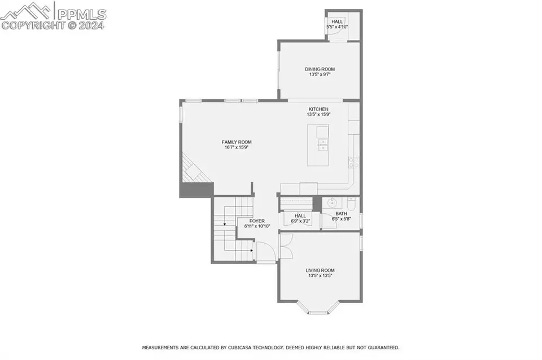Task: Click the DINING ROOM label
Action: pyautogui.click(x=320, y=69)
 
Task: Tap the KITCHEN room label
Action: pyautogui.click(x=318, y=109)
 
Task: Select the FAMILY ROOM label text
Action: pyautogui.click(x=237, y=142)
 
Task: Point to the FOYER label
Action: pyautogui.click(x=257, y=221)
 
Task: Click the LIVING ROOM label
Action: pyautogui.click(x=320, y=270)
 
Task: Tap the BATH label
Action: pyautogui.click(x=341, y=214)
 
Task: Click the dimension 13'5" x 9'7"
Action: pyautogui.click(x=320, y=74)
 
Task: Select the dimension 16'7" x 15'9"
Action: pyautogui.click(x=237, y=147)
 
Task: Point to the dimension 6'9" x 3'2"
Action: pyautogui.click(x=300, y=221)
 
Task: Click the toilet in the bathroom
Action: pyautogui.click(x=351, y=204)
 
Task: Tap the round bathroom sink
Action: pyautogui.click(x=332, y=203)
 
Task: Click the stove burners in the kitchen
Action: pyautogui.click(x=353, y=162)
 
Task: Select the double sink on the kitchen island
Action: pyautogui.click(x=323, y=145)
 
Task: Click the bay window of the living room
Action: pyautogui.click(x=318, y=308)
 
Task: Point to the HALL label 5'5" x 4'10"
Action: pyautogui.click(x=337, y=24)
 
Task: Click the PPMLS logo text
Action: pyautogui.click(x=81, y=14)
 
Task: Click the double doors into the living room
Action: pyautogui.click(x=285, y=246)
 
